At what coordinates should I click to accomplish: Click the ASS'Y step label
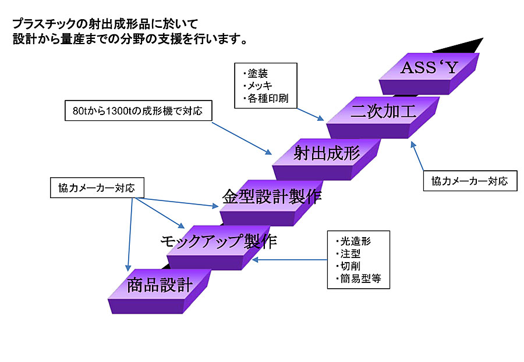429,68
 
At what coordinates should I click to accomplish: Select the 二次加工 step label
383,111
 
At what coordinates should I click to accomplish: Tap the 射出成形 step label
327,153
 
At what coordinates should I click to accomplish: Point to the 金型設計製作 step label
272,196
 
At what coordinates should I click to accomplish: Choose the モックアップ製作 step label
219,241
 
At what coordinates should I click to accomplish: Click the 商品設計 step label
160,285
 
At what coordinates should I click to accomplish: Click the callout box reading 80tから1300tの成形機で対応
139,110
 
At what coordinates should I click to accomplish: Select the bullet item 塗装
256,73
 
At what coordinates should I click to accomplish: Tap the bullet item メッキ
259,86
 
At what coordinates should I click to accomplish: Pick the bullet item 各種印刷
266,98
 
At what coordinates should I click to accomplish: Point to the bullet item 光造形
353,241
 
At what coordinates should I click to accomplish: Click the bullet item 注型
349,253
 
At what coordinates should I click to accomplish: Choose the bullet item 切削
349,266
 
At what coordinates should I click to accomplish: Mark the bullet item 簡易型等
359,278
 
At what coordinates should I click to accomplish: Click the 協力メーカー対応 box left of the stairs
97,188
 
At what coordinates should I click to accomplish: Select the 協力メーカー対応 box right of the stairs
470,181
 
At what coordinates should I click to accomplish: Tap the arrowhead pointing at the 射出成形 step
268,152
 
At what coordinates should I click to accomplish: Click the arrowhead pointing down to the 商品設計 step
128,268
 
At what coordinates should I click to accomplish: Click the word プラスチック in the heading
44,24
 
